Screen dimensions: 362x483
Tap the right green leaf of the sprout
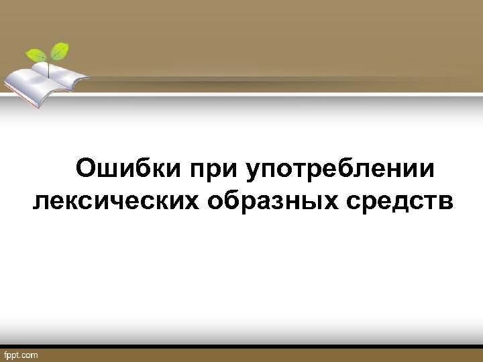[60, 50]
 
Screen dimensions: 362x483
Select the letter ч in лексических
[135, 201]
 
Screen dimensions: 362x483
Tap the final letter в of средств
[446, 201]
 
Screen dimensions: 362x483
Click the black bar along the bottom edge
[268, 348]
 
